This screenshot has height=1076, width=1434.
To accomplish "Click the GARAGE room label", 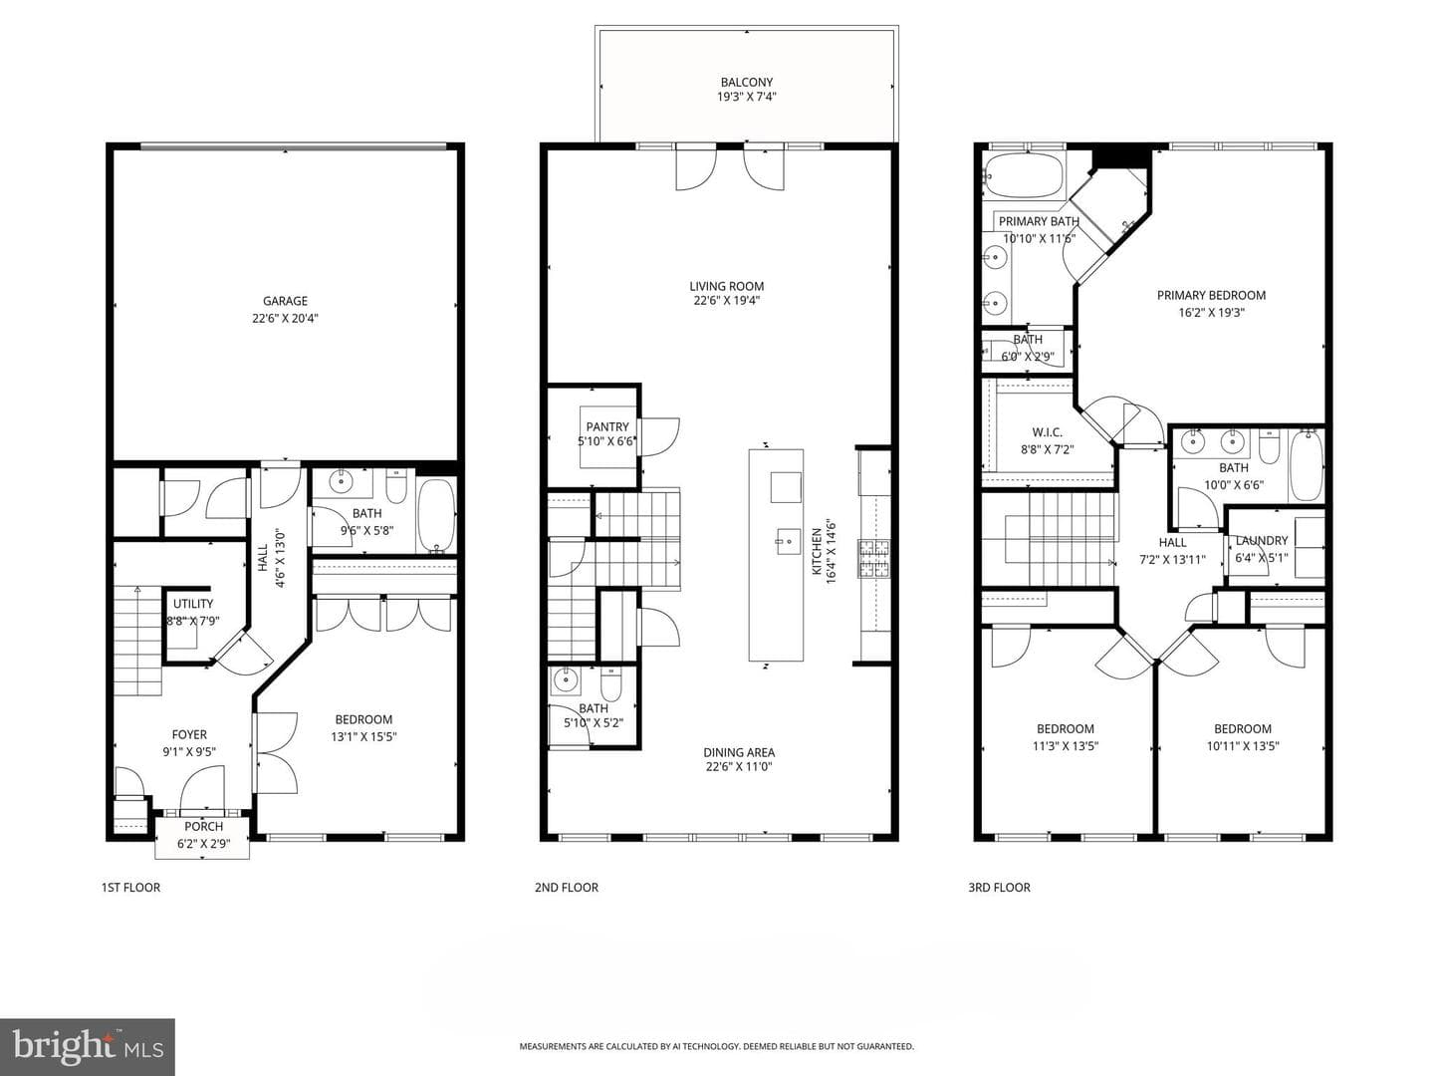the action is click(x=285, y=301).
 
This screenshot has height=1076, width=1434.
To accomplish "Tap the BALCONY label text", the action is click(x=746, y=83).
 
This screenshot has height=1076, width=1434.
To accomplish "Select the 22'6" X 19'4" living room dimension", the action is click(x=727, y=301).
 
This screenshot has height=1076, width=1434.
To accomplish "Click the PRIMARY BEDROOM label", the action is click(x=1211, y=295).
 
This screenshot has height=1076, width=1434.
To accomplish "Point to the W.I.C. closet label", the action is click(x=1048, y=432).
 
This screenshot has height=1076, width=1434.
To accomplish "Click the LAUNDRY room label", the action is click(x=1262, y=541).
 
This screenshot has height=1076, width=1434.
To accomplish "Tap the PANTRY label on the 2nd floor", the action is click(x=607, y=427).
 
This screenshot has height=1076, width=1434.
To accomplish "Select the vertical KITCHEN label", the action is click(x=816, y=552).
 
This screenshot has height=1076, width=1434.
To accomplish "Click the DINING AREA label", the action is click(x=739, y=752).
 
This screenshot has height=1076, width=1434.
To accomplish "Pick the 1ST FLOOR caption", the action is click(x=130, y=887).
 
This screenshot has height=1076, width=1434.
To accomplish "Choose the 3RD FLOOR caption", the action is click(x=999, y=887).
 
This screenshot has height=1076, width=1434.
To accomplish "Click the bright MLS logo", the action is click(x=88, y=1047).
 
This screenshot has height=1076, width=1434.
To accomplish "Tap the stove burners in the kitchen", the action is click(x=874, y=560).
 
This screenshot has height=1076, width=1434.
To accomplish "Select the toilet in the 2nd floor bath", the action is click(x=610, y=683).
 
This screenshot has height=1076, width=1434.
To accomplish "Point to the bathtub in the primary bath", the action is click(x=1024, y=174).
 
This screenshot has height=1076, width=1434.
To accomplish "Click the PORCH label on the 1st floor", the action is click(x=203, y=827).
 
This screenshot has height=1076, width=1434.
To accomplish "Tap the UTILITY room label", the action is click(x=193, y=604).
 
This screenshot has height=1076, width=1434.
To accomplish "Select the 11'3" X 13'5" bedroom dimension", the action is click(x=1065, y=746).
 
